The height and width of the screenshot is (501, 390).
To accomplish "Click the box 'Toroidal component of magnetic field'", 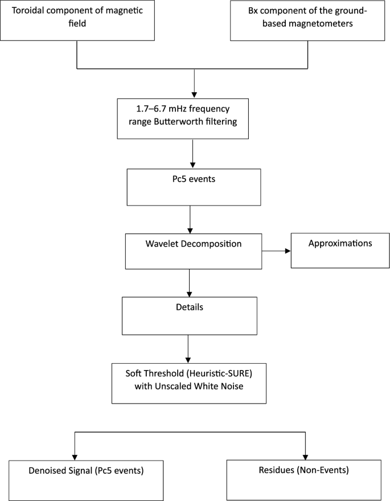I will (77, 20).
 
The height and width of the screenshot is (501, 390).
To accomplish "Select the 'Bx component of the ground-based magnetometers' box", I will (308, 20).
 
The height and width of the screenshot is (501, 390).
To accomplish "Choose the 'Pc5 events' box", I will (194, 187).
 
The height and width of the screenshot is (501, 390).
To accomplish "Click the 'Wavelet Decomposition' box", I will (193, 251).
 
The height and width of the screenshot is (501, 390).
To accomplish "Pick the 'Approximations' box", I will (340, 250).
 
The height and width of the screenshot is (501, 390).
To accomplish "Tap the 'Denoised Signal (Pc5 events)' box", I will (87, 479).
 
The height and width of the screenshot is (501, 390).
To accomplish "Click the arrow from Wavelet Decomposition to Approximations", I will (276, 250).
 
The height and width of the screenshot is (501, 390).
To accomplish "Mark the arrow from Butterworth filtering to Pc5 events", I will (194, 153).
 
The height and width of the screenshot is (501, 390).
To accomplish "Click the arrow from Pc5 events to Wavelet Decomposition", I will (190, 219).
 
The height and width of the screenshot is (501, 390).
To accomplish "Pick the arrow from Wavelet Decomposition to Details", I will (189, 282).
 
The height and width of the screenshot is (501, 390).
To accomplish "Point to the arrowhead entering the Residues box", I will (306, 456).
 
